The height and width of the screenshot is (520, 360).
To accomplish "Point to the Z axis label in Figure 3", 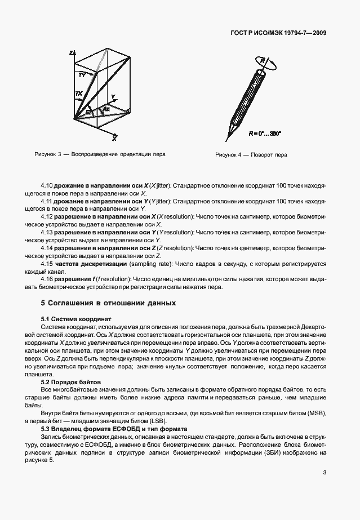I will [x=70, y=52].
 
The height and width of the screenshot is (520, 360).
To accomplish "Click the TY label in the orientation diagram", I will [x=82, y=74].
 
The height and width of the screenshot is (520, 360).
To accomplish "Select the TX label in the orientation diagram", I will [x=79, y=94].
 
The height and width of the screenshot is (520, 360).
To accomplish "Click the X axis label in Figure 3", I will [x=114, y=137].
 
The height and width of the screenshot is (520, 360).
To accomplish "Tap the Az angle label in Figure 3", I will [x=105, y=108].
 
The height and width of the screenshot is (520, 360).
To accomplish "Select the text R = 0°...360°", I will [x=265, y=134].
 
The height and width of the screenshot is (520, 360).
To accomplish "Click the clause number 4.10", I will [x=47, y=185].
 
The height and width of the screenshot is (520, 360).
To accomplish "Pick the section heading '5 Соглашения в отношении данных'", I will [x=108, y=303].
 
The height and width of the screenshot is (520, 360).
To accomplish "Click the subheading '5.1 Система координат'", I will [x=77, y=319].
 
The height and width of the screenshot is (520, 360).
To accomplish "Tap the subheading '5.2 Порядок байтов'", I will [x=73, y=382].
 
